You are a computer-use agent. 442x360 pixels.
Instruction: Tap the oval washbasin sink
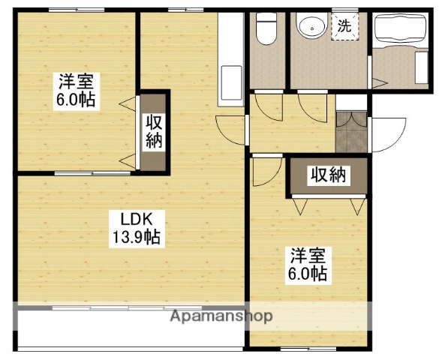(x=309, y=28)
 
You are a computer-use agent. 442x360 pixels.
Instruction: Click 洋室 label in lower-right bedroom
(x=307, y=256)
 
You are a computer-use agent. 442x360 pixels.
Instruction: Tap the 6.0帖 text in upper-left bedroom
(x=75, y=100)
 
